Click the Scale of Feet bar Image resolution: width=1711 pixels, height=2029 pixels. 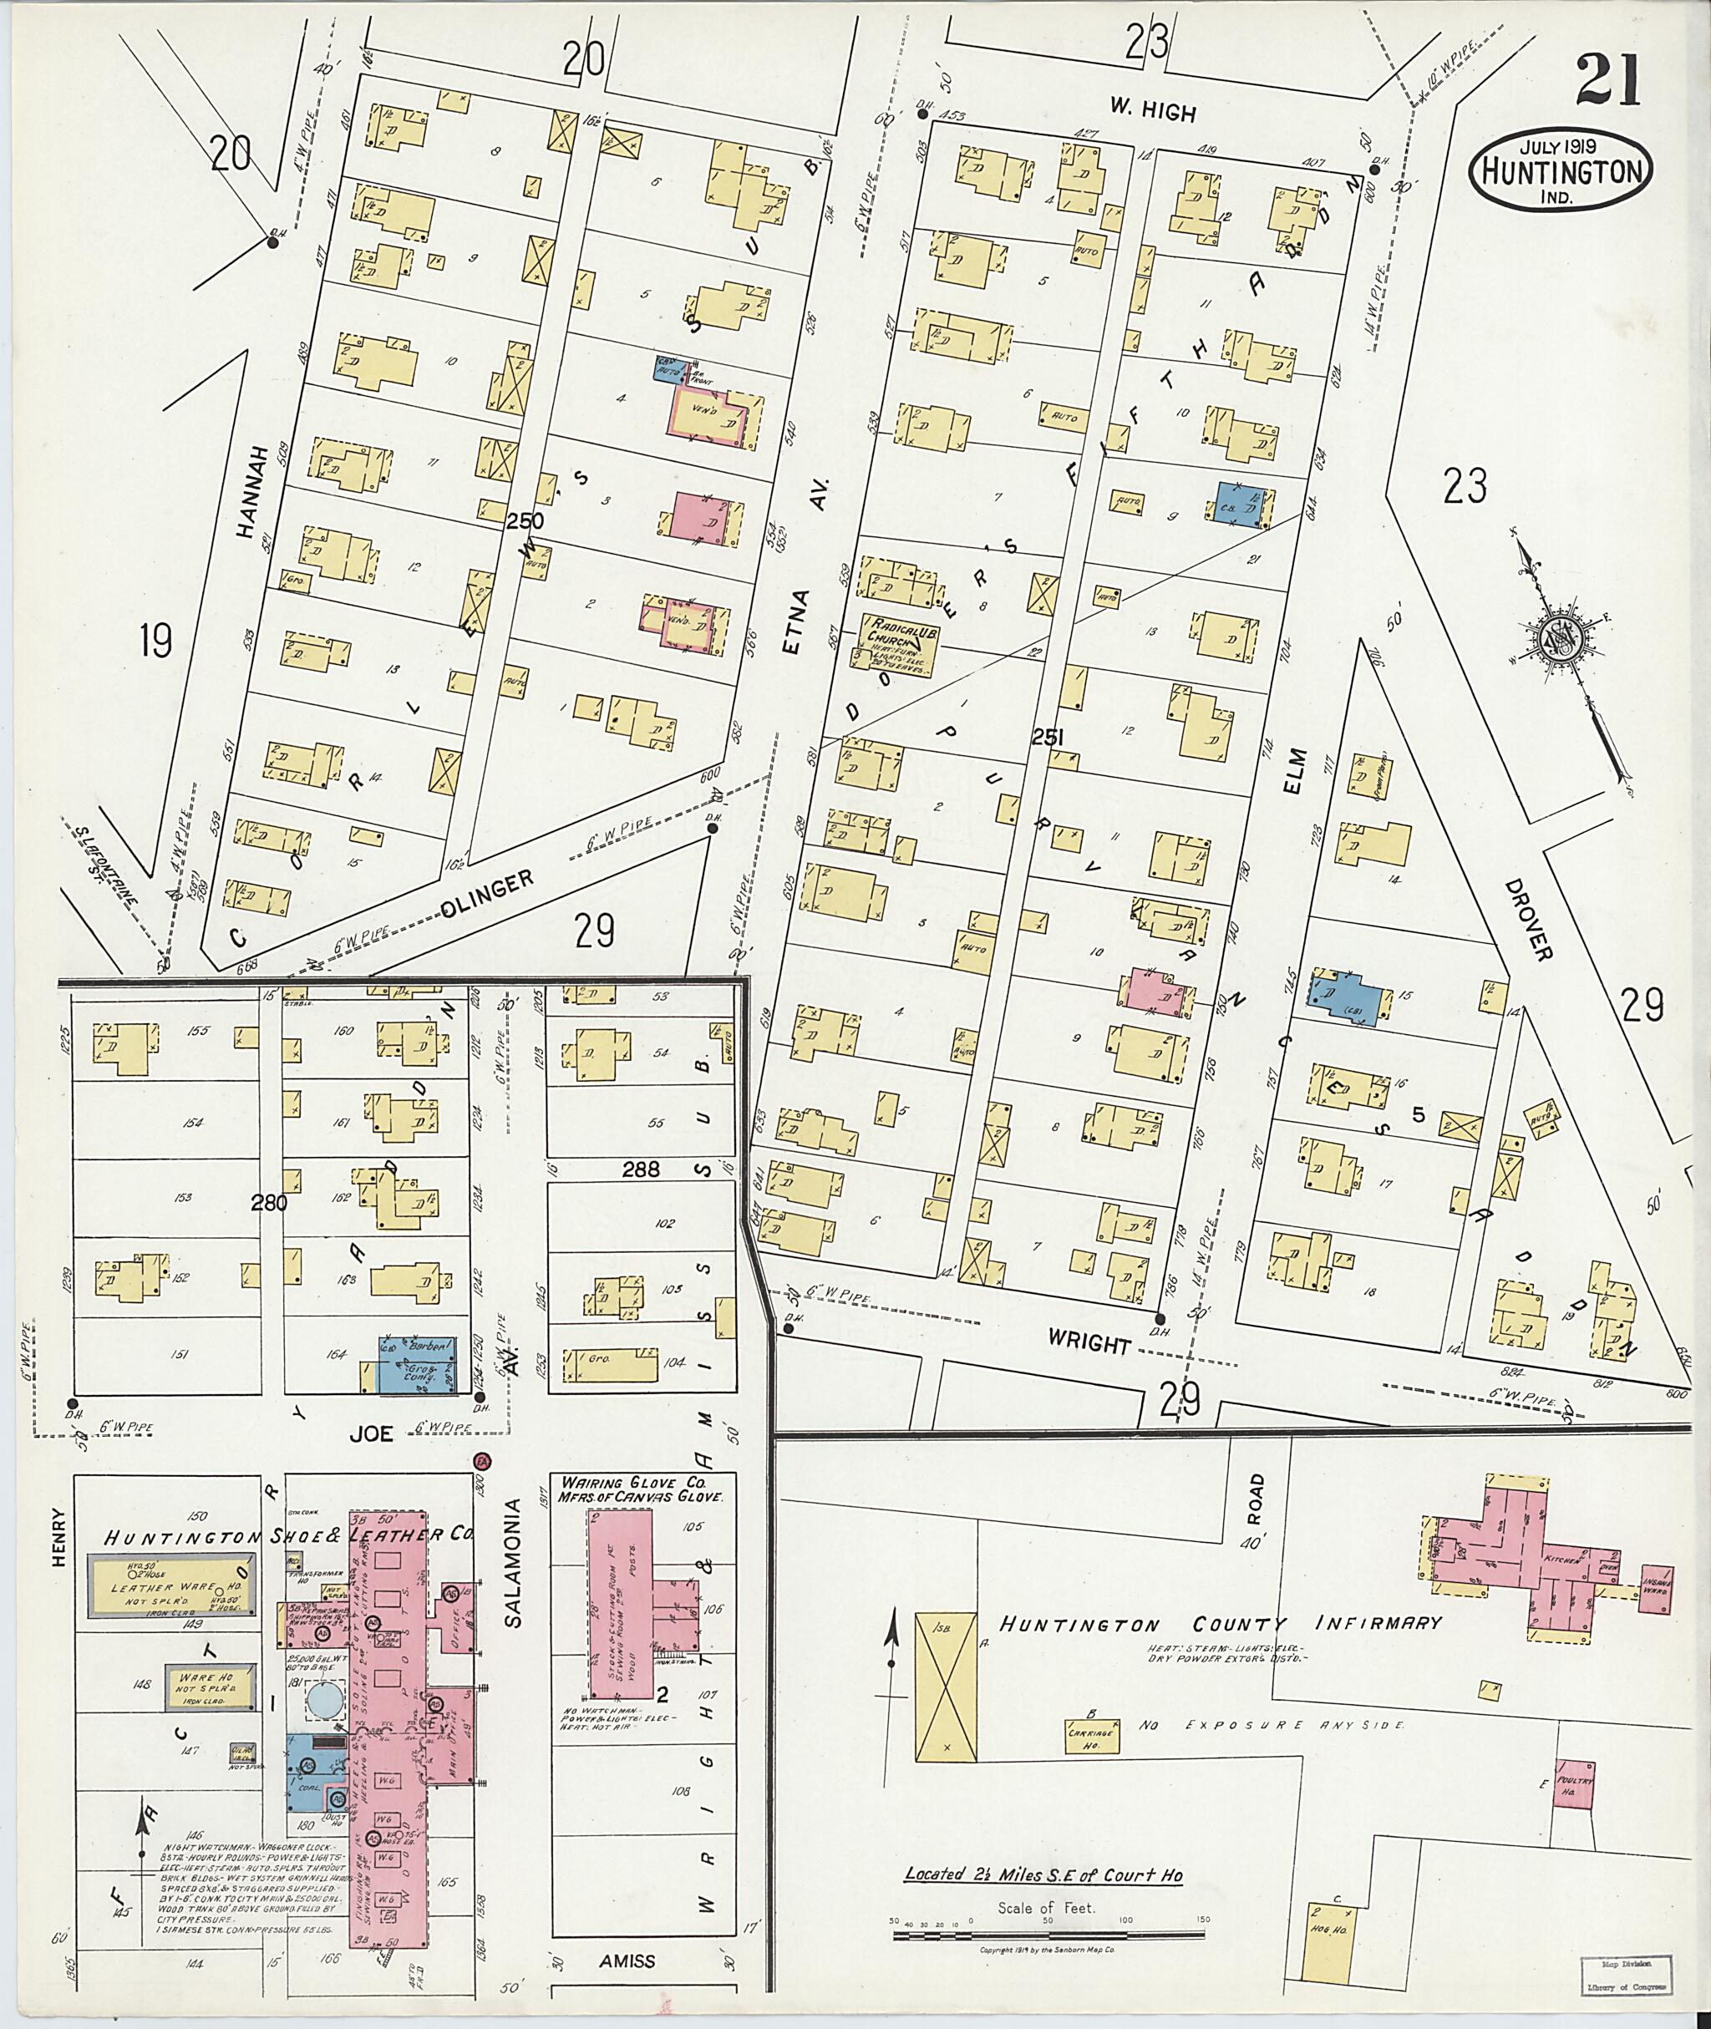pos(1048,1935)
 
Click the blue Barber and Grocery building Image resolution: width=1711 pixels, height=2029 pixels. pos(417,1365)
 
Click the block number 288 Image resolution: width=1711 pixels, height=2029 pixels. pos(640,1169)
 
